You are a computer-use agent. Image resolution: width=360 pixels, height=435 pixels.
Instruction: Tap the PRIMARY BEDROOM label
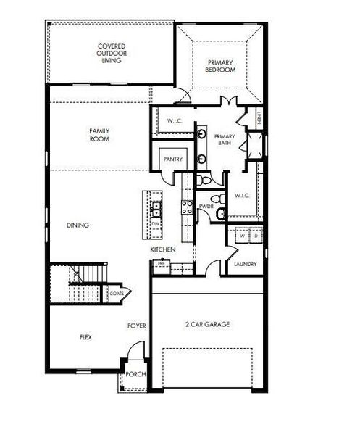(218, 66)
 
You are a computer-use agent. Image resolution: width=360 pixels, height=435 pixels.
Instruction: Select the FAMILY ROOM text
(99, 135)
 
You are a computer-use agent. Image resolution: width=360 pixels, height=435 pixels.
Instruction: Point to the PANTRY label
(173, 159)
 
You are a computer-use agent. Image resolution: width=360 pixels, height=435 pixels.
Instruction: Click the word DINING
(78, 225)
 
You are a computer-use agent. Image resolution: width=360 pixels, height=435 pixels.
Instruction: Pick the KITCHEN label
(163, 250)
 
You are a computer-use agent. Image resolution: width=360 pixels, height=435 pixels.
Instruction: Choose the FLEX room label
(85, 338)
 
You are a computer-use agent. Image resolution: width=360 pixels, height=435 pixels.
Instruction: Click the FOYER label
(137, 326)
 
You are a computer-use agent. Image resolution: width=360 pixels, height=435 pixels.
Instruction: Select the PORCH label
(135, 374)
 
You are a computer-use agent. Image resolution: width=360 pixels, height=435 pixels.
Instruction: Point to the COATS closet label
(117, 293)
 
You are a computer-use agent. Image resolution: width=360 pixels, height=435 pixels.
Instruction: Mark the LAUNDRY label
(245, 264)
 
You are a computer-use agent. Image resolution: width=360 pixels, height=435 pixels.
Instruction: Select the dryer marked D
(254, 236)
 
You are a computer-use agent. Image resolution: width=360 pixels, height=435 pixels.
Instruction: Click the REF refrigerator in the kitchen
(161, 265)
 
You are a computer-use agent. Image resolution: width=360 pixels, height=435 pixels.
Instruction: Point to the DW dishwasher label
(154, 224)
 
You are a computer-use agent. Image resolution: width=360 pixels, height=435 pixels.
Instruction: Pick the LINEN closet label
(257, 115)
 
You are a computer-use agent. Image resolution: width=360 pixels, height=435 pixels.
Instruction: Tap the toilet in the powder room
(214, 199)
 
